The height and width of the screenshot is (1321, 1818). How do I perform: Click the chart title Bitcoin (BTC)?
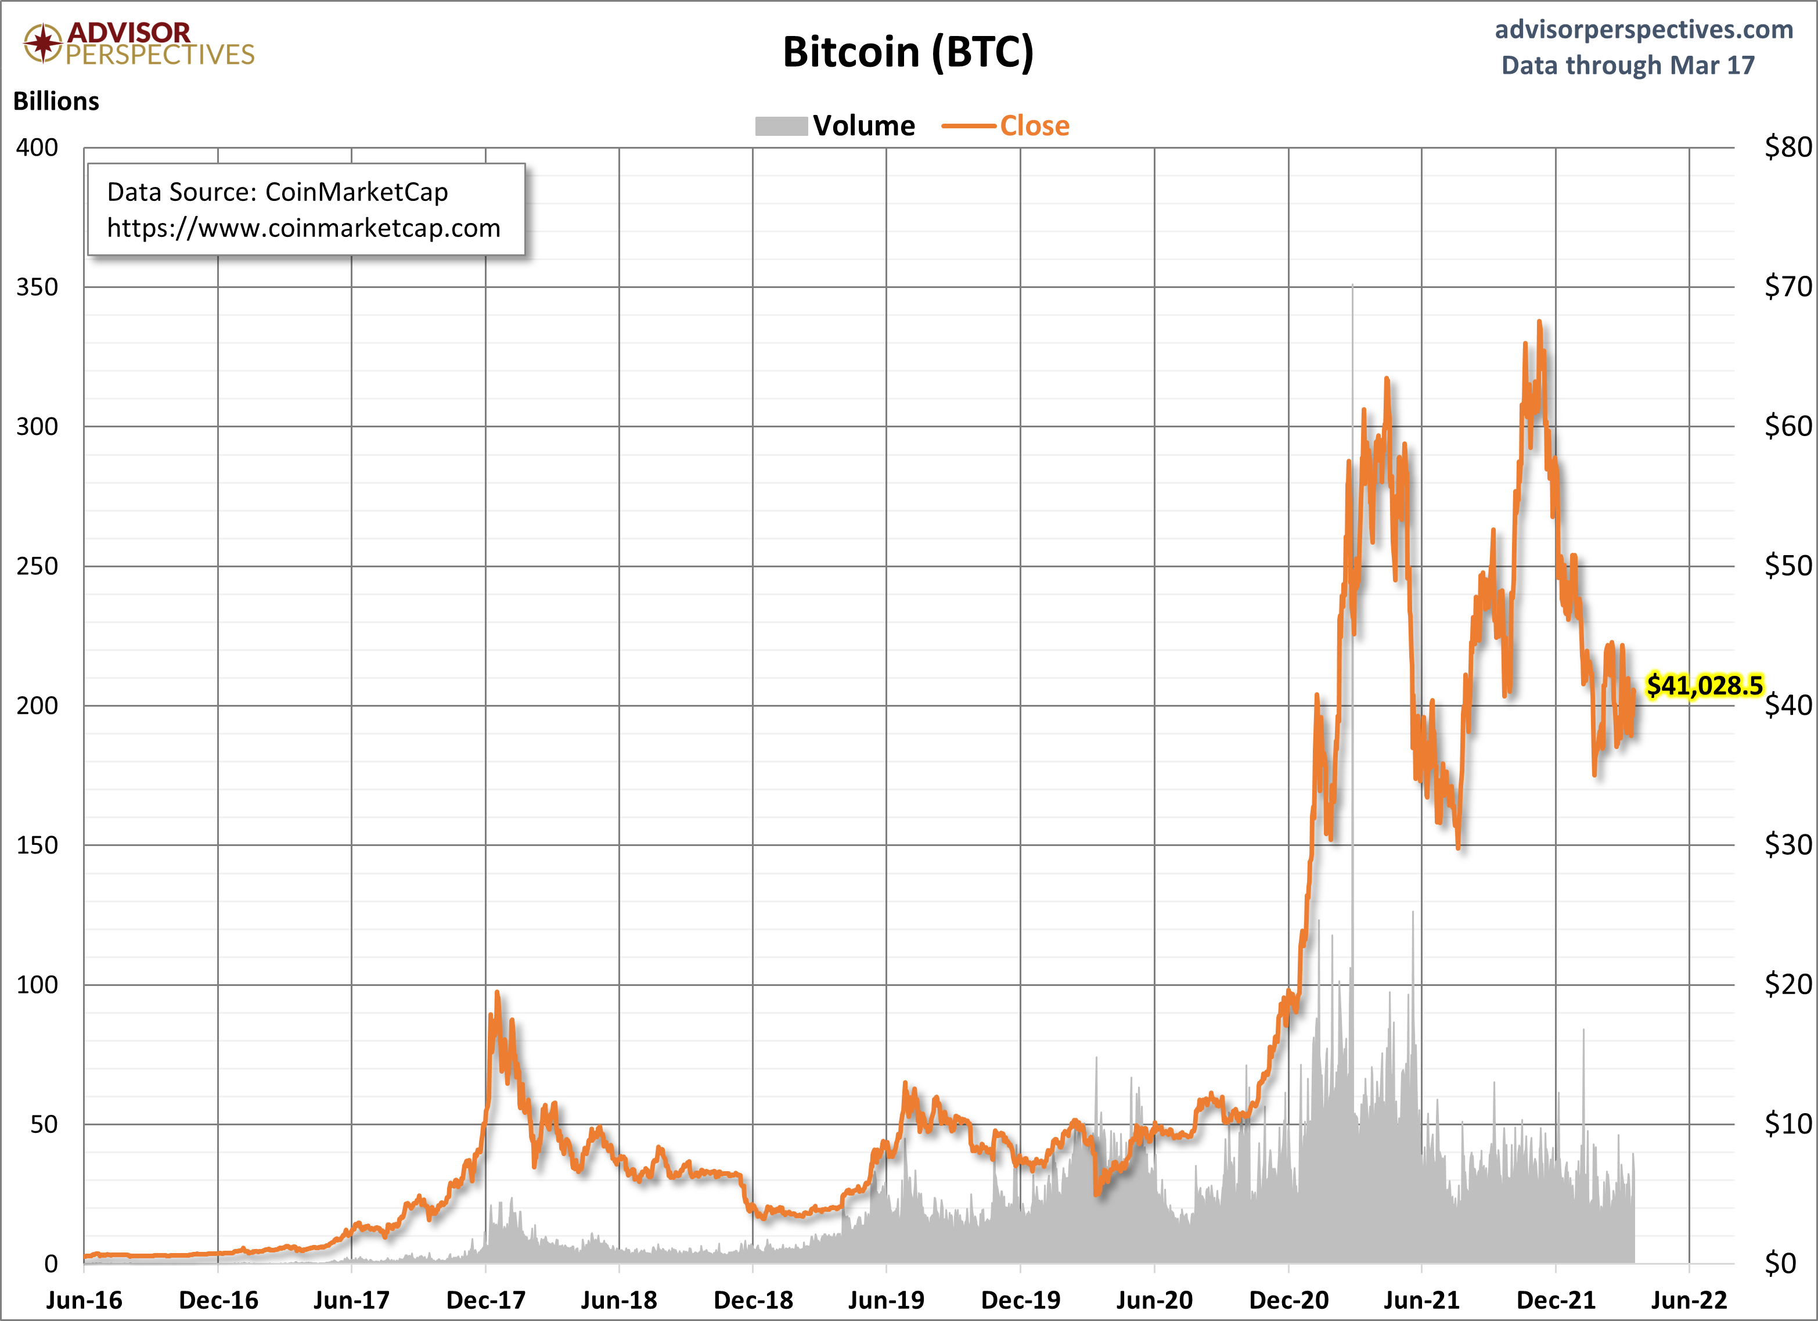(908, 53)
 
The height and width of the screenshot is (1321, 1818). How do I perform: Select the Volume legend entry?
(834, 126)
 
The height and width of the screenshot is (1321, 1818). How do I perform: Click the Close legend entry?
(1005, 126)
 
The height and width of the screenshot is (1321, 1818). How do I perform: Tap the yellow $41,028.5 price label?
(1704, 685)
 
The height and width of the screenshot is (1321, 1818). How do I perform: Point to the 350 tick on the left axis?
(37, 287)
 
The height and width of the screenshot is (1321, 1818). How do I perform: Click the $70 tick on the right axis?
(1788, 286)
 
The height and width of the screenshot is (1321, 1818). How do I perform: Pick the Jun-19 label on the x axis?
(885, 1300)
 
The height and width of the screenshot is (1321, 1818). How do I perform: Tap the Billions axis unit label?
(56, 101)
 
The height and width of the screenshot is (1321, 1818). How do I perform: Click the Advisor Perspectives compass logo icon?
(42, 42)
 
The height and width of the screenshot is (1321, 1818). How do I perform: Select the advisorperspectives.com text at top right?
(1644, 30)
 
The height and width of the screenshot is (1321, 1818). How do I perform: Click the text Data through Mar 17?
(1628, 65)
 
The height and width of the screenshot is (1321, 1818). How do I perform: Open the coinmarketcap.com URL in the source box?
(304, 228)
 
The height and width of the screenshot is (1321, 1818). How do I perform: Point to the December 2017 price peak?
(497, 992)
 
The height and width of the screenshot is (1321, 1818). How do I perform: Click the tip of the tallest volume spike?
(1352, 284)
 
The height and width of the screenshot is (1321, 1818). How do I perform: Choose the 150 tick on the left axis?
(37, 845)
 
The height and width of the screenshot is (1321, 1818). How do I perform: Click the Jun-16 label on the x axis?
(84, 1300)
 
